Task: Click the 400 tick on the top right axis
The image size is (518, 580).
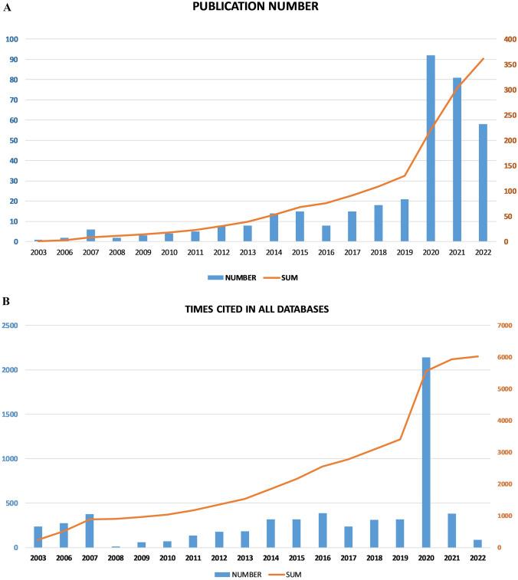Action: pos(503,39)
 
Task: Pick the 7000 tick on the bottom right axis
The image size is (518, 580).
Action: pos(506,326)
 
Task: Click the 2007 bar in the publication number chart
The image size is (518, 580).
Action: pos(90,235)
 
